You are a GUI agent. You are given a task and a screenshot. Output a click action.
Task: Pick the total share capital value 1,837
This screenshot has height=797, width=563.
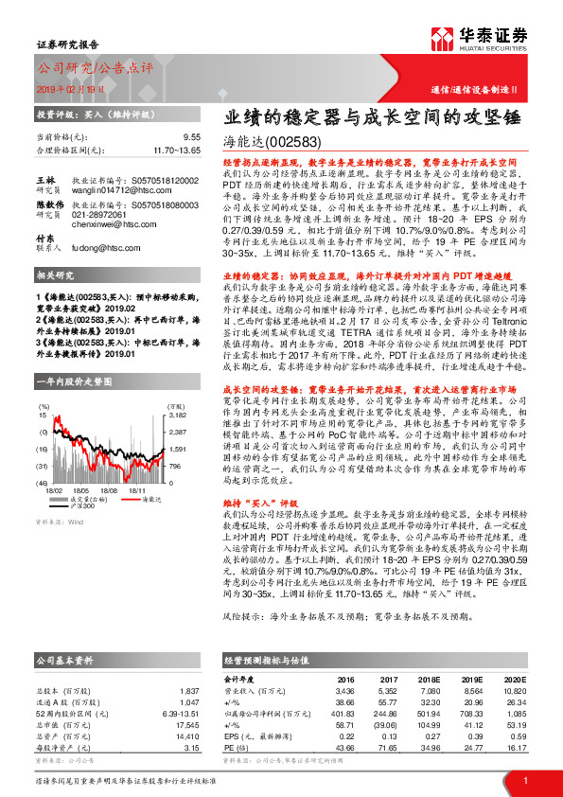click(190, 665)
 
